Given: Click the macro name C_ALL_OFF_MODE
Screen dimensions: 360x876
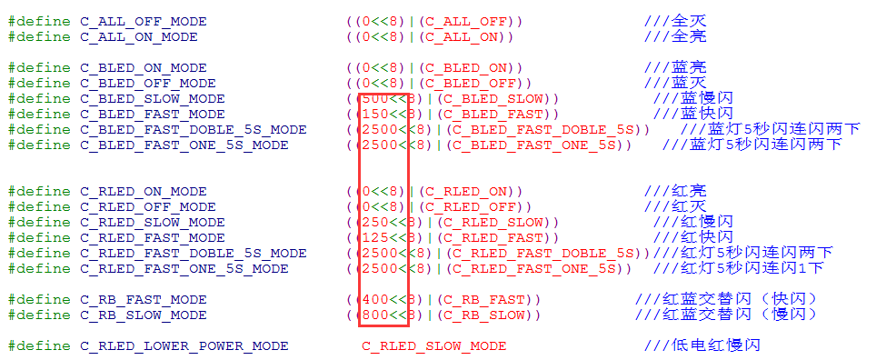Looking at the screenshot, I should coord(143,21).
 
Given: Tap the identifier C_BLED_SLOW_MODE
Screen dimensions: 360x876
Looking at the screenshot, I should coord(152,98).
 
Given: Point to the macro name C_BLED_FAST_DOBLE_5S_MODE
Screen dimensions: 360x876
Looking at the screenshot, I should coord(193,129).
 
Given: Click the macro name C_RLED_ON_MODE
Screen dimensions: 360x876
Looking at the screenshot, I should coord(143,191).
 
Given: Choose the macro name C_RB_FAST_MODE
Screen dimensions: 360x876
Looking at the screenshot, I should coord(143,299).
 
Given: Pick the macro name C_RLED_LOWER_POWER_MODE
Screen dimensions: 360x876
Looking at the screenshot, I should coord(184,345).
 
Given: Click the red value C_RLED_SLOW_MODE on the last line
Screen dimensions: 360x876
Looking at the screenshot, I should coord(433,345).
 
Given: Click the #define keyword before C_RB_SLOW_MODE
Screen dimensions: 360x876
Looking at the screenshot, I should coord(39,315).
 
